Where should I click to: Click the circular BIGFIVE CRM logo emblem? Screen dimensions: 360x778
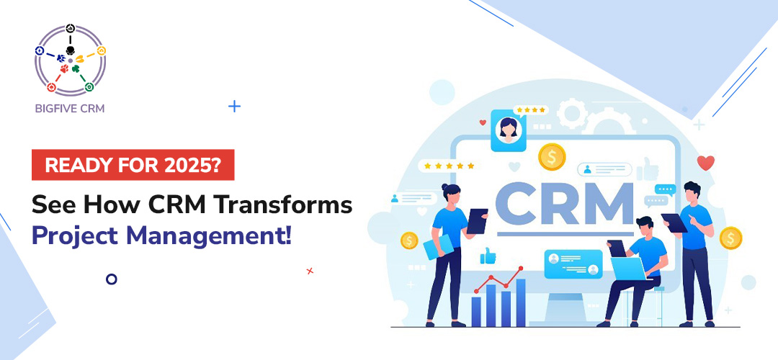coord(70,60)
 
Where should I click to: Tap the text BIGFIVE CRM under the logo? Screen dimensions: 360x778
coord(70,109)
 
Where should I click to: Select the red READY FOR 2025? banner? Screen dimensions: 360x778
coord(133,165)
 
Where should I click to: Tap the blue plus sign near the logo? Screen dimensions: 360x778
coord(234,107)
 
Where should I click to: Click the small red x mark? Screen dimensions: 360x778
coord(310,271)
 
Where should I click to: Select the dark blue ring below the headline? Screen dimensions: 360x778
coord(111,279)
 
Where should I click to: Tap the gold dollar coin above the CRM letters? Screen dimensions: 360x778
coord(551,156)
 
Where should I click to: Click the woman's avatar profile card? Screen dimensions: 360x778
coord(509,131)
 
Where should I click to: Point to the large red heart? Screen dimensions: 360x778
coord(705,163)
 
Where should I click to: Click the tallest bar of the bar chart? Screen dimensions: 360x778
coord(521,302)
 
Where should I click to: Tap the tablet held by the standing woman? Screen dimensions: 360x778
coord(476,221)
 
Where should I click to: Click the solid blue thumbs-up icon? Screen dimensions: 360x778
coord(488,255)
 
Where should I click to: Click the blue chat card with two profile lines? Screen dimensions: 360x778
coord(573,264)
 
